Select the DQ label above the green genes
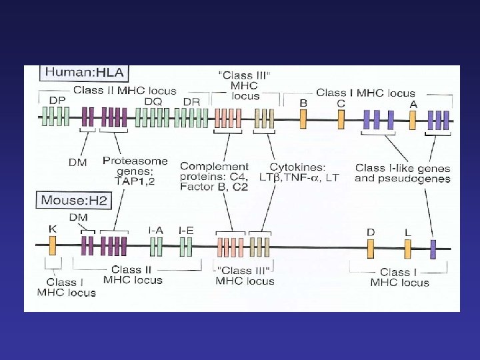point(154,100)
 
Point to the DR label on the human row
point(191,100)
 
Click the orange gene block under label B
point(303,119)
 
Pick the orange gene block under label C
point(341,119)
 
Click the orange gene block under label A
point(413,119)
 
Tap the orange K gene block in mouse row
point(53,246)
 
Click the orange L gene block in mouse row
point(407,248)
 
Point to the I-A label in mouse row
point(156,230)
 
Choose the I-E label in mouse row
point(186,230)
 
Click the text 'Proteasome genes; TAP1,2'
point(129,171)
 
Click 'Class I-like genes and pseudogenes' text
point(403,173)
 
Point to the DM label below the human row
point(78,163)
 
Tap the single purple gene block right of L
point(433,248)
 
